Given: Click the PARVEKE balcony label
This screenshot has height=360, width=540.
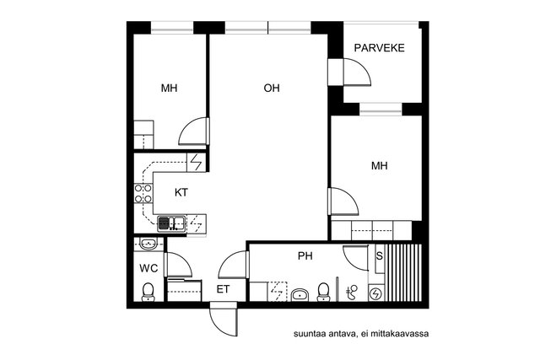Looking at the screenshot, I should click(380, 48).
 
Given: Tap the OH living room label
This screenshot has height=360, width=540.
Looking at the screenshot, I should click(271, 88).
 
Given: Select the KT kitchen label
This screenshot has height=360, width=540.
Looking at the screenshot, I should click(181, 192).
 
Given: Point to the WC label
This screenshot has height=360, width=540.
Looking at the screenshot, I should click(148, 268).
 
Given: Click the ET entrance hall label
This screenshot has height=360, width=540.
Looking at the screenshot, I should click(223, 289).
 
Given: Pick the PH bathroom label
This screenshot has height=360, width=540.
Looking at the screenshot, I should click(305, 255).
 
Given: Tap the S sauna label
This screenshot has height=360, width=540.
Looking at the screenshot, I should click(379, 255).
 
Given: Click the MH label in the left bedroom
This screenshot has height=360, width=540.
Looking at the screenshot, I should click(169, 88).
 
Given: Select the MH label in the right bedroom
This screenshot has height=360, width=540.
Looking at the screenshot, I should click(380, 166).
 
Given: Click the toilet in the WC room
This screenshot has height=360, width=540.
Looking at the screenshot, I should click(148, 292).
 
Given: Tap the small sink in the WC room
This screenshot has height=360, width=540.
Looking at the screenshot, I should click(148, 244).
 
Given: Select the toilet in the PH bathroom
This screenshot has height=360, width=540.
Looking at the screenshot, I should click(322, 292).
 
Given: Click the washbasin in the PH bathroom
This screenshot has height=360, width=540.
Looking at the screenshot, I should click(300, 294).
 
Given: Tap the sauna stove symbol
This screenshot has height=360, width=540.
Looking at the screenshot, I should click(376, 293).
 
